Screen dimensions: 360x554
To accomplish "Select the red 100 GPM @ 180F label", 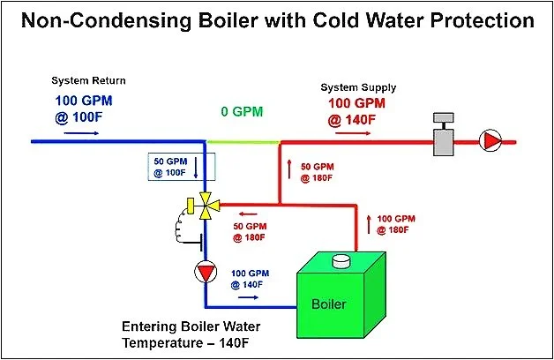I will (x=395, y=224).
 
